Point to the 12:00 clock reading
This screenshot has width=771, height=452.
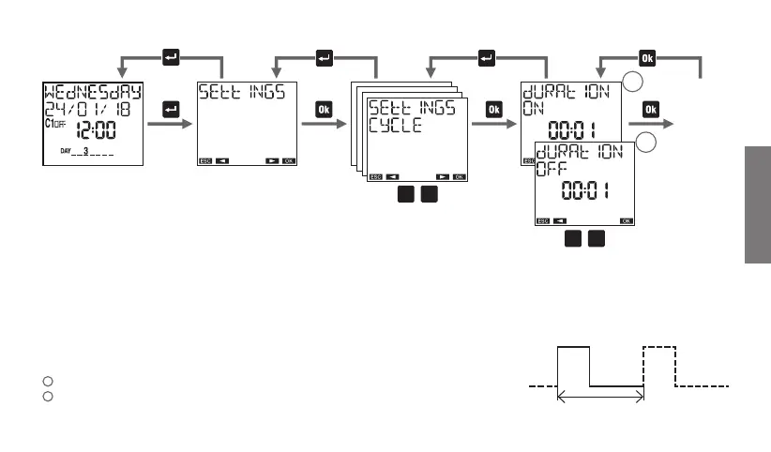click(x=97, y=130)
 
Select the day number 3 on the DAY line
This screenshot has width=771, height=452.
click(x=85, y=150)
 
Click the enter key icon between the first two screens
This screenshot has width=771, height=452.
click(x=171, y=111)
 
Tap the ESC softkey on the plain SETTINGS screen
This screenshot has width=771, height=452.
click(x=204, y=160)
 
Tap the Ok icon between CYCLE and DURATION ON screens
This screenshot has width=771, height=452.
click(x=493, y=111)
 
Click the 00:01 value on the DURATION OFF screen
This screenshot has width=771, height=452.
click(x=585, y=192)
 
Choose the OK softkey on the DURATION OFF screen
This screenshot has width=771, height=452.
click(x=626, y=221)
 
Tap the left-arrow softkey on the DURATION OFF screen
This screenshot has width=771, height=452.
click(x=559, y=221)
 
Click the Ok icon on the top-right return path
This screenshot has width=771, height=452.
click(x=648, y=56)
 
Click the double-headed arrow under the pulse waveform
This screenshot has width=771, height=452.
click(x=600, y=398)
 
